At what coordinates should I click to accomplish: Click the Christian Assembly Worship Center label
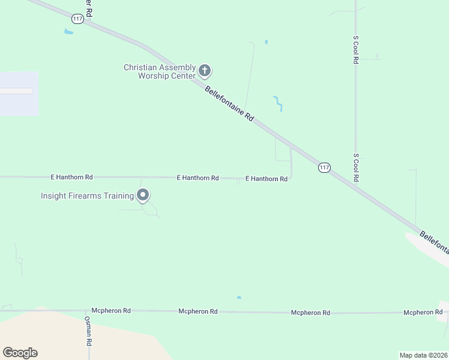pos(159,71)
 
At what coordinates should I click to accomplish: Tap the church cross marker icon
pos(205,71)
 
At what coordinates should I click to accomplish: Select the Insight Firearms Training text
pos(87,196)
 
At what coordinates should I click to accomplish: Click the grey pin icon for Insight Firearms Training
pos(143,195)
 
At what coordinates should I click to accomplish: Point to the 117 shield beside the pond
pos(77,19)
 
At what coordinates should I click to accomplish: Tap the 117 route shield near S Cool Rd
pos(324,167)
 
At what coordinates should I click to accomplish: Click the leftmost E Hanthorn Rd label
pos(71,178)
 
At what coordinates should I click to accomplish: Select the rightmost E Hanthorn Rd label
pos(267,179)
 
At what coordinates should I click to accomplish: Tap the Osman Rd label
pos(88,331)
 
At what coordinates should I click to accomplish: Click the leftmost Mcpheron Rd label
pos(111,311)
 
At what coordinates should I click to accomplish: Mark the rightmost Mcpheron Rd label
pos(423,312)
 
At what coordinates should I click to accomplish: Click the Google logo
pos(20,353)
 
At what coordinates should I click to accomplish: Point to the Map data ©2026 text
pos(423,355)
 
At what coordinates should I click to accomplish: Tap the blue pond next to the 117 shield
pos(68,32)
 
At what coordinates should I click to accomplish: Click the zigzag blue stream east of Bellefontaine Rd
pos(278,103)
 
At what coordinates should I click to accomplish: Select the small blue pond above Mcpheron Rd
pos(239,297)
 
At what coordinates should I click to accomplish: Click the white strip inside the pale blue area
pos(16,91)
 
